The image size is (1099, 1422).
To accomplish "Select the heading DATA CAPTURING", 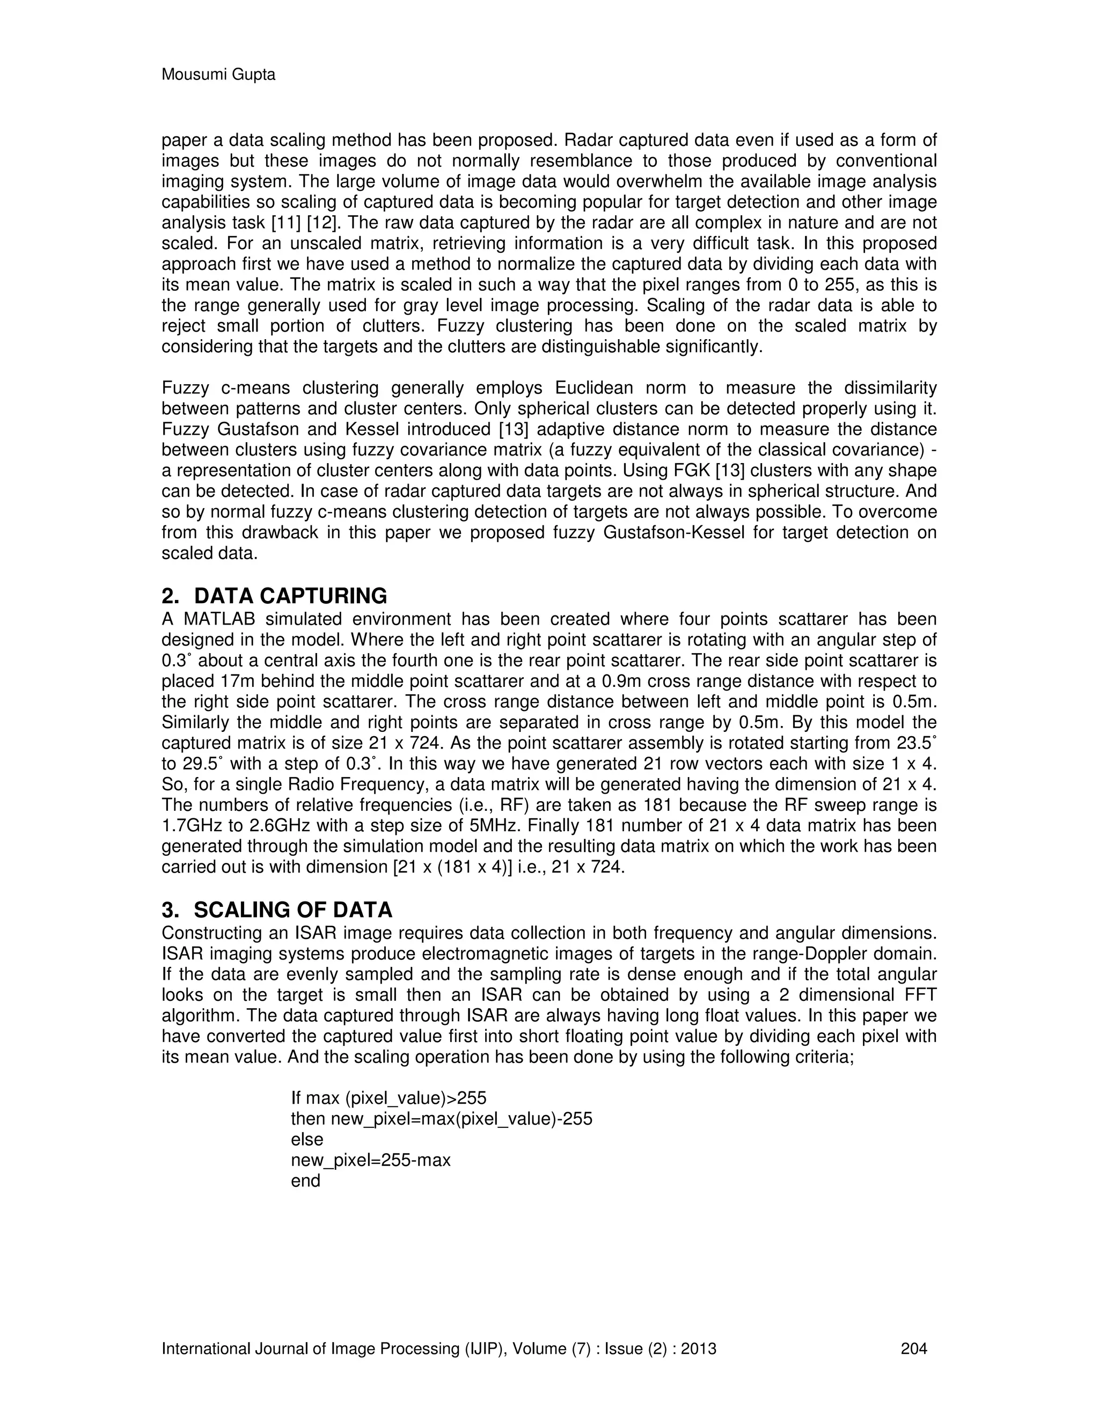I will pos(290,596).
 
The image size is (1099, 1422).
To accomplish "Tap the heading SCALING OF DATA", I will pos(293,910).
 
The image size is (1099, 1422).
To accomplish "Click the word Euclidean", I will pos(593,388).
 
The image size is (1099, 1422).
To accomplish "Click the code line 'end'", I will pos(305,1181).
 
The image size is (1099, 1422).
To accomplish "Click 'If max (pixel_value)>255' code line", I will pos(389,1098).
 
